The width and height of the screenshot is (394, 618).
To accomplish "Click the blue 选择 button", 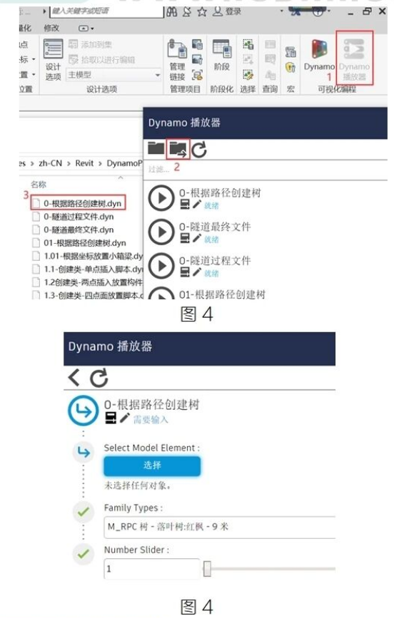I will tap(152, 465).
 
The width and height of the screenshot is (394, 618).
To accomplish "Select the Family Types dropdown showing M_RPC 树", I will tap(218, 527).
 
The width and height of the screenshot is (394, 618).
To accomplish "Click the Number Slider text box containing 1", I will tap(152, 569).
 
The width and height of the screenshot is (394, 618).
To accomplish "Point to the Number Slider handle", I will tap(207, 569).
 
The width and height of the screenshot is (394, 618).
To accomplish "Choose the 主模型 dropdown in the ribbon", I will tap(113, 74).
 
